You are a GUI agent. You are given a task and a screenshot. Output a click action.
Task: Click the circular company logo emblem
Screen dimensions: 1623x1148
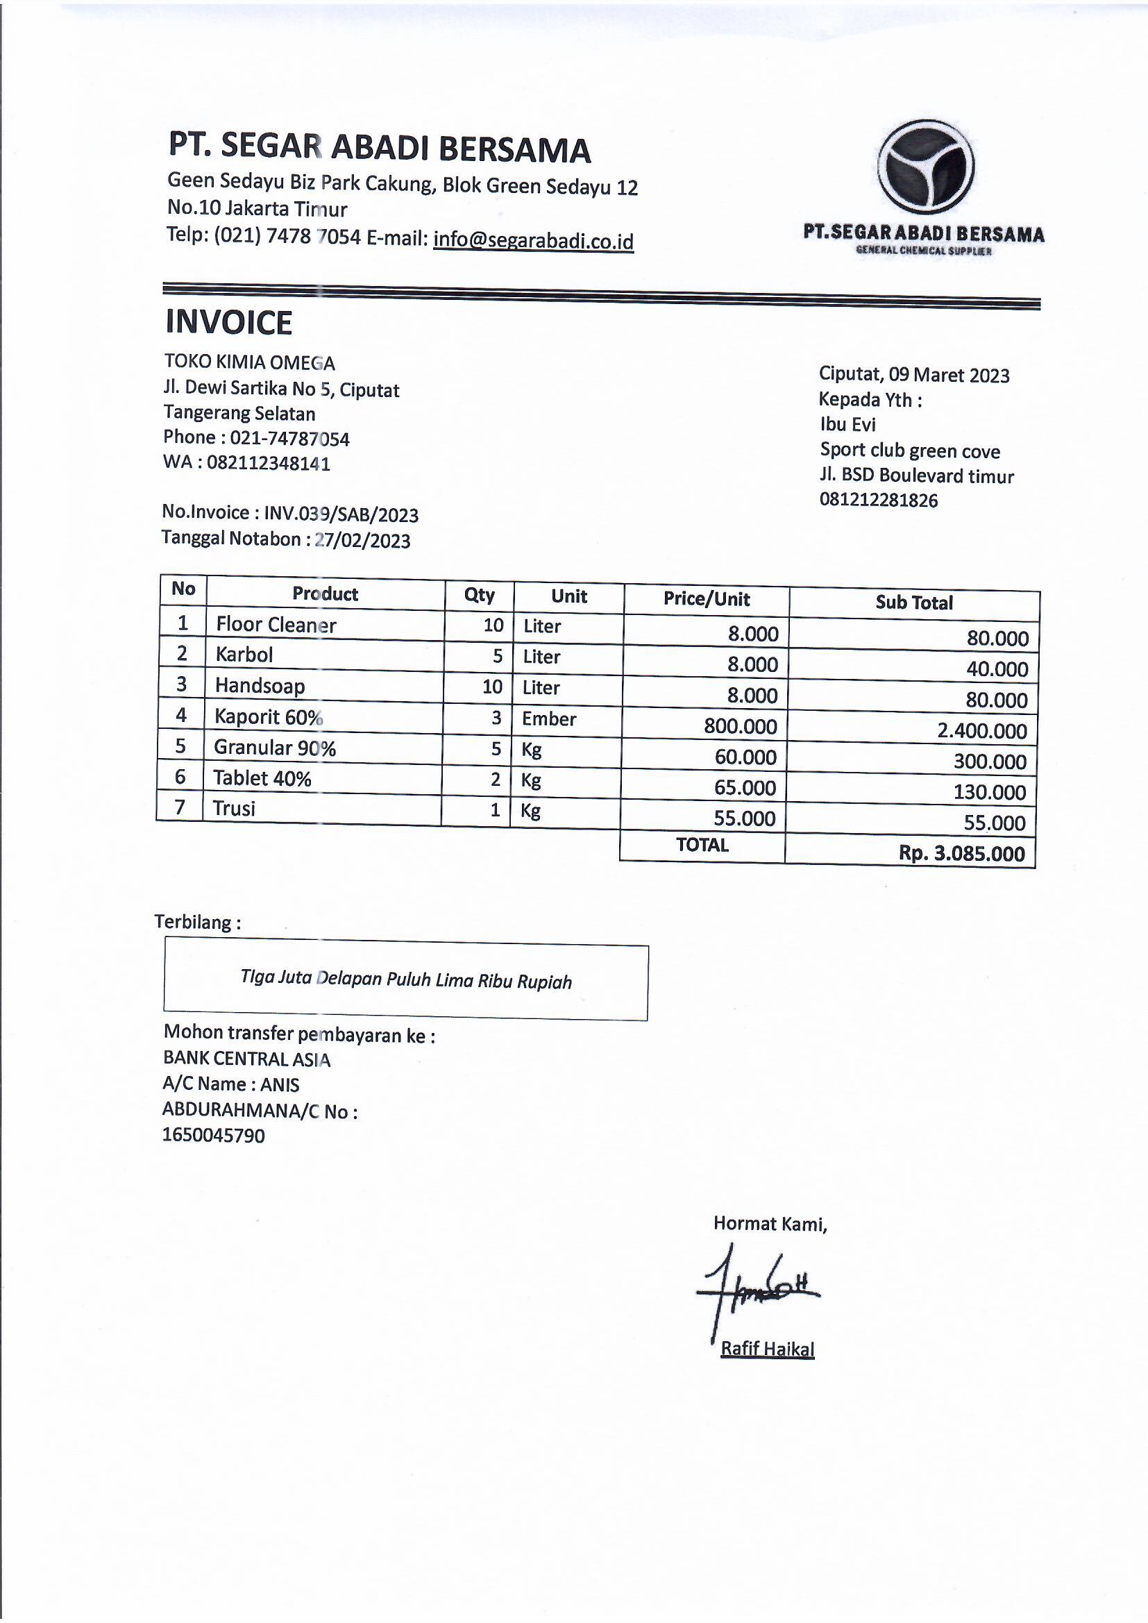(x=926, y=167)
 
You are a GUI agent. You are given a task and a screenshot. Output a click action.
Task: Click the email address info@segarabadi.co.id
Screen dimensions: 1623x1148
(x=533, y=240)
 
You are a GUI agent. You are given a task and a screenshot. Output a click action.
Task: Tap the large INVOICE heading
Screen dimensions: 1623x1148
(x=228, y=323)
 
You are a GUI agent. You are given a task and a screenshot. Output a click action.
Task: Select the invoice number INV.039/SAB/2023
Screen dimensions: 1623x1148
(x=341, y=514)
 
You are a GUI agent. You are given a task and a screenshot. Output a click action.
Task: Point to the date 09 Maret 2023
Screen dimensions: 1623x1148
(x=949, y=375)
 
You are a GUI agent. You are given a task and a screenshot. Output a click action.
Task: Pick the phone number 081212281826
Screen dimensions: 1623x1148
(x=878, y=501)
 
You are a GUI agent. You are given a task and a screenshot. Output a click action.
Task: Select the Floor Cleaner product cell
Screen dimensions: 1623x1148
(x=276, y=625)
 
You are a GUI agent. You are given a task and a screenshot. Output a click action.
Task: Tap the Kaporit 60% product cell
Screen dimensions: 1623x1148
(x=268, y=717)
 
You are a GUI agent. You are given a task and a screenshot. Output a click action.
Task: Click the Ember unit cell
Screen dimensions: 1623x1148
(x=548, y=719)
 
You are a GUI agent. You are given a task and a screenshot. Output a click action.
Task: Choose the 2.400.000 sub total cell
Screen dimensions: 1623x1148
(x=982, y=731)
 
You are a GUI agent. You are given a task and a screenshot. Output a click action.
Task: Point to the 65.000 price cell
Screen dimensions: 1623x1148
(x=745, y=787)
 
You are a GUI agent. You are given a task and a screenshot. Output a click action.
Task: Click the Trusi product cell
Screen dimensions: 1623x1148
(x=234, y=809)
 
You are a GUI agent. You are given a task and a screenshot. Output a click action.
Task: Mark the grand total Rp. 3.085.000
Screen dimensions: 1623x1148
(x=961, y=853)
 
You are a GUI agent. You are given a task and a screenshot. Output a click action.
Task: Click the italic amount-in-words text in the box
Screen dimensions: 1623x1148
(x=406, y=979)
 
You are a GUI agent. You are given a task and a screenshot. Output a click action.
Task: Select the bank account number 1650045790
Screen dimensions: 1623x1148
(x=214, y=1136)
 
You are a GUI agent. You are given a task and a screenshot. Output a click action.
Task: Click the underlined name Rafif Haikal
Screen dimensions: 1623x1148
(x=767, y=1349)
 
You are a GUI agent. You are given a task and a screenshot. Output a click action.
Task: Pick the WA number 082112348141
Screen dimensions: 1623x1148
(x=268, y=464)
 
